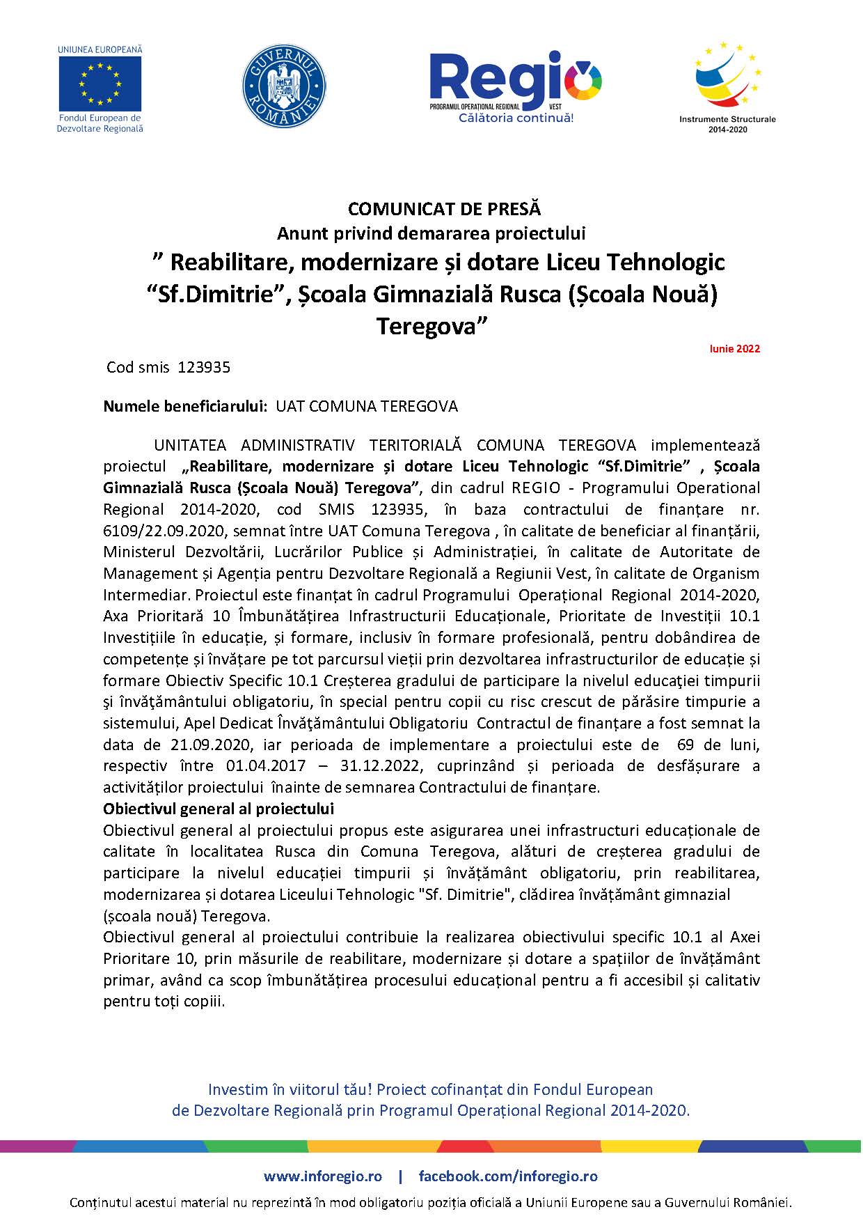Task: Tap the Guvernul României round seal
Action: click(x=283, y=86)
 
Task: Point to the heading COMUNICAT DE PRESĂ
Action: click(x=444, y=208)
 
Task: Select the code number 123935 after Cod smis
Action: click(x=204, y=367)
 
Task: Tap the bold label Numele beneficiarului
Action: click(x=186, y=406)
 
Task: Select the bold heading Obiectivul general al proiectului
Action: click(x=219, y=809)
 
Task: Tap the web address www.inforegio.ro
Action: click(x=323, y=1176)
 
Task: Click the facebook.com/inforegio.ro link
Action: click(x=508, y=1176)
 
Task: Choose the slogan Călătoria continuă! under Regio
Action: click(x=516, y=118)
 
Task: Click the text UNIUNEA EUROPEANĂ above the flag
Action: click(x=100, y=50)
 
